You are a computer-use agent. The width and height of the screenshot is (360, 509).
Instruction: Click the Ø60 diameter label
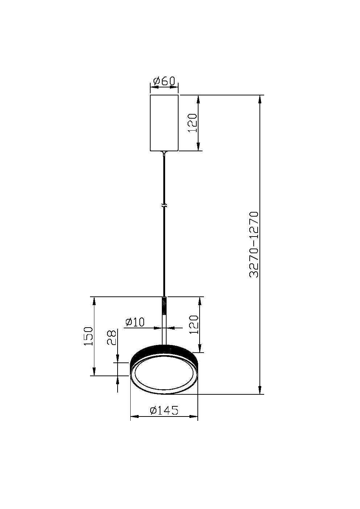pos(164,81)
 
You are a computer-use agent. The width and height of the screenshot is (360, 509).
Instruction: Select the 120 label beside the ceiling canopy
pos(192,123)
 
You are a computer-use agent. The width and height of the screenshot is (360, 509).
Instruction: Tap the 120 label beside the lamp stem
pos(193,324)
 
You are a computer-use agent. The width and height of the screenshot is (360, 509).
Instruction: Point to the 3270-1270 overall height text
pos(254,245)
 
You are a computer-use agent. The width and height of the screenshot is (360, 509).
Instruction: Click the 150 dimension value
pos(89,336)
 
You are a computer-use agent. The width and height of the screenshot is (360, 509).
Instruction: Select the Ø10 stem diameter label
pos(135,322)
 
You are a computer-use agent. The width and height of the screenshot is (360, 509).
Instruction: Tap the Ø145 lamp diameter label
pos(164,410)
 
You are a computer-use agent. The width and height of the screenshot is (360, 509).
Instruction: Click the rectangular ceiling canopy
pos(164,123)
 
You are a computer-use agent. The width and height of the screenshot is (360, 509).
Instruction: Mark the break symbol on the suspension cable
pos(164,205)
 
